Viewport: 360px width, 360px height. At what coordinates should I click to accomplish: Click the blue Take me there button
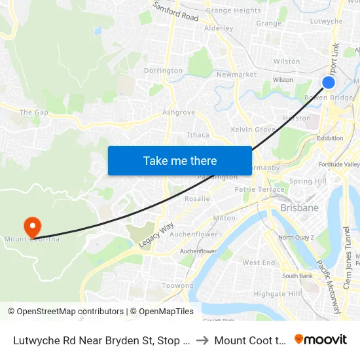pyautogui.click(x=180, y=160)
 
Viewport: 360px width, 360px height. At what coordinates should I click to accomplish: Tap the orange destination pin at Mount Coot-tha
pyautogui.click(x=31, y=226)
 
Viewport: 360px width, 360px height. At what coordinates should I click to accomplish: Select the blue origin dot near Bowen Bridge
pyautogui.click(x=329, y=82)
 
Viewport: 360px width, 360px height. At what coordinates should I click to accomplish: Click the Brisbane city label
pyautogui.click(x=299, y=207)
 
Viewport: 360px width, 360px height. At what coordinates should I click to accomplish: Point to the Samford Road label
pyautogui.click(x=175, y=11)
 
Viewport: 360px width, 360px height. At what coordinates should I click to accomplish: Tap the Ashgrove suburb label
pyautogui.click(x=179, y=112)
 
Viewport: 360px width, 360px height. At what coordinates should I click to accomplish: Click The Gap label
pyautogui.click(x=34, y=113)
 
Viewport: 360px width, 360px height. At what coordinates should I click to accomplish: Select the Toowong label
pyautogui.click(x=177, y=286)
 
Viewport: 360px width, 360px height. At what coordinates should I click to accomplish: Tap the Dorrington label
pyautogui.click(x=163, y=71)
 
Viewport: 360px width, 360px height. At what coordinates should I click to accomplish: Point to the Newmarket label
pyautogui.click(x=236, y=75)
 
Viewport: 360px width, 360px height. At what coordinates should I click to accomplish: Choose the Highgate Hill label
pyautogui.click(x=277, y=294)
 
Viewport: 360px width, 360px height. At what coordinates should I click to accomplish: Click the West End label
pyautogui.click(x=259, y=262)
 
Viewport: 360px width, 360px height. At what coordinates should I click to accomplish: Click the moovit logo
pyautogui.click(x=320, y=339)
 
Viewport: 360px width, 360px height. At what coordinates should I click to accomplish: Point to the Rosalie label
pyautogui.click(x=197, y=198)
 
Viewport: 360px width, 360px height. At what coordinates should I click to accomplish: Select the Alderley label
pyautogui.click(x=219, y=28)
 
